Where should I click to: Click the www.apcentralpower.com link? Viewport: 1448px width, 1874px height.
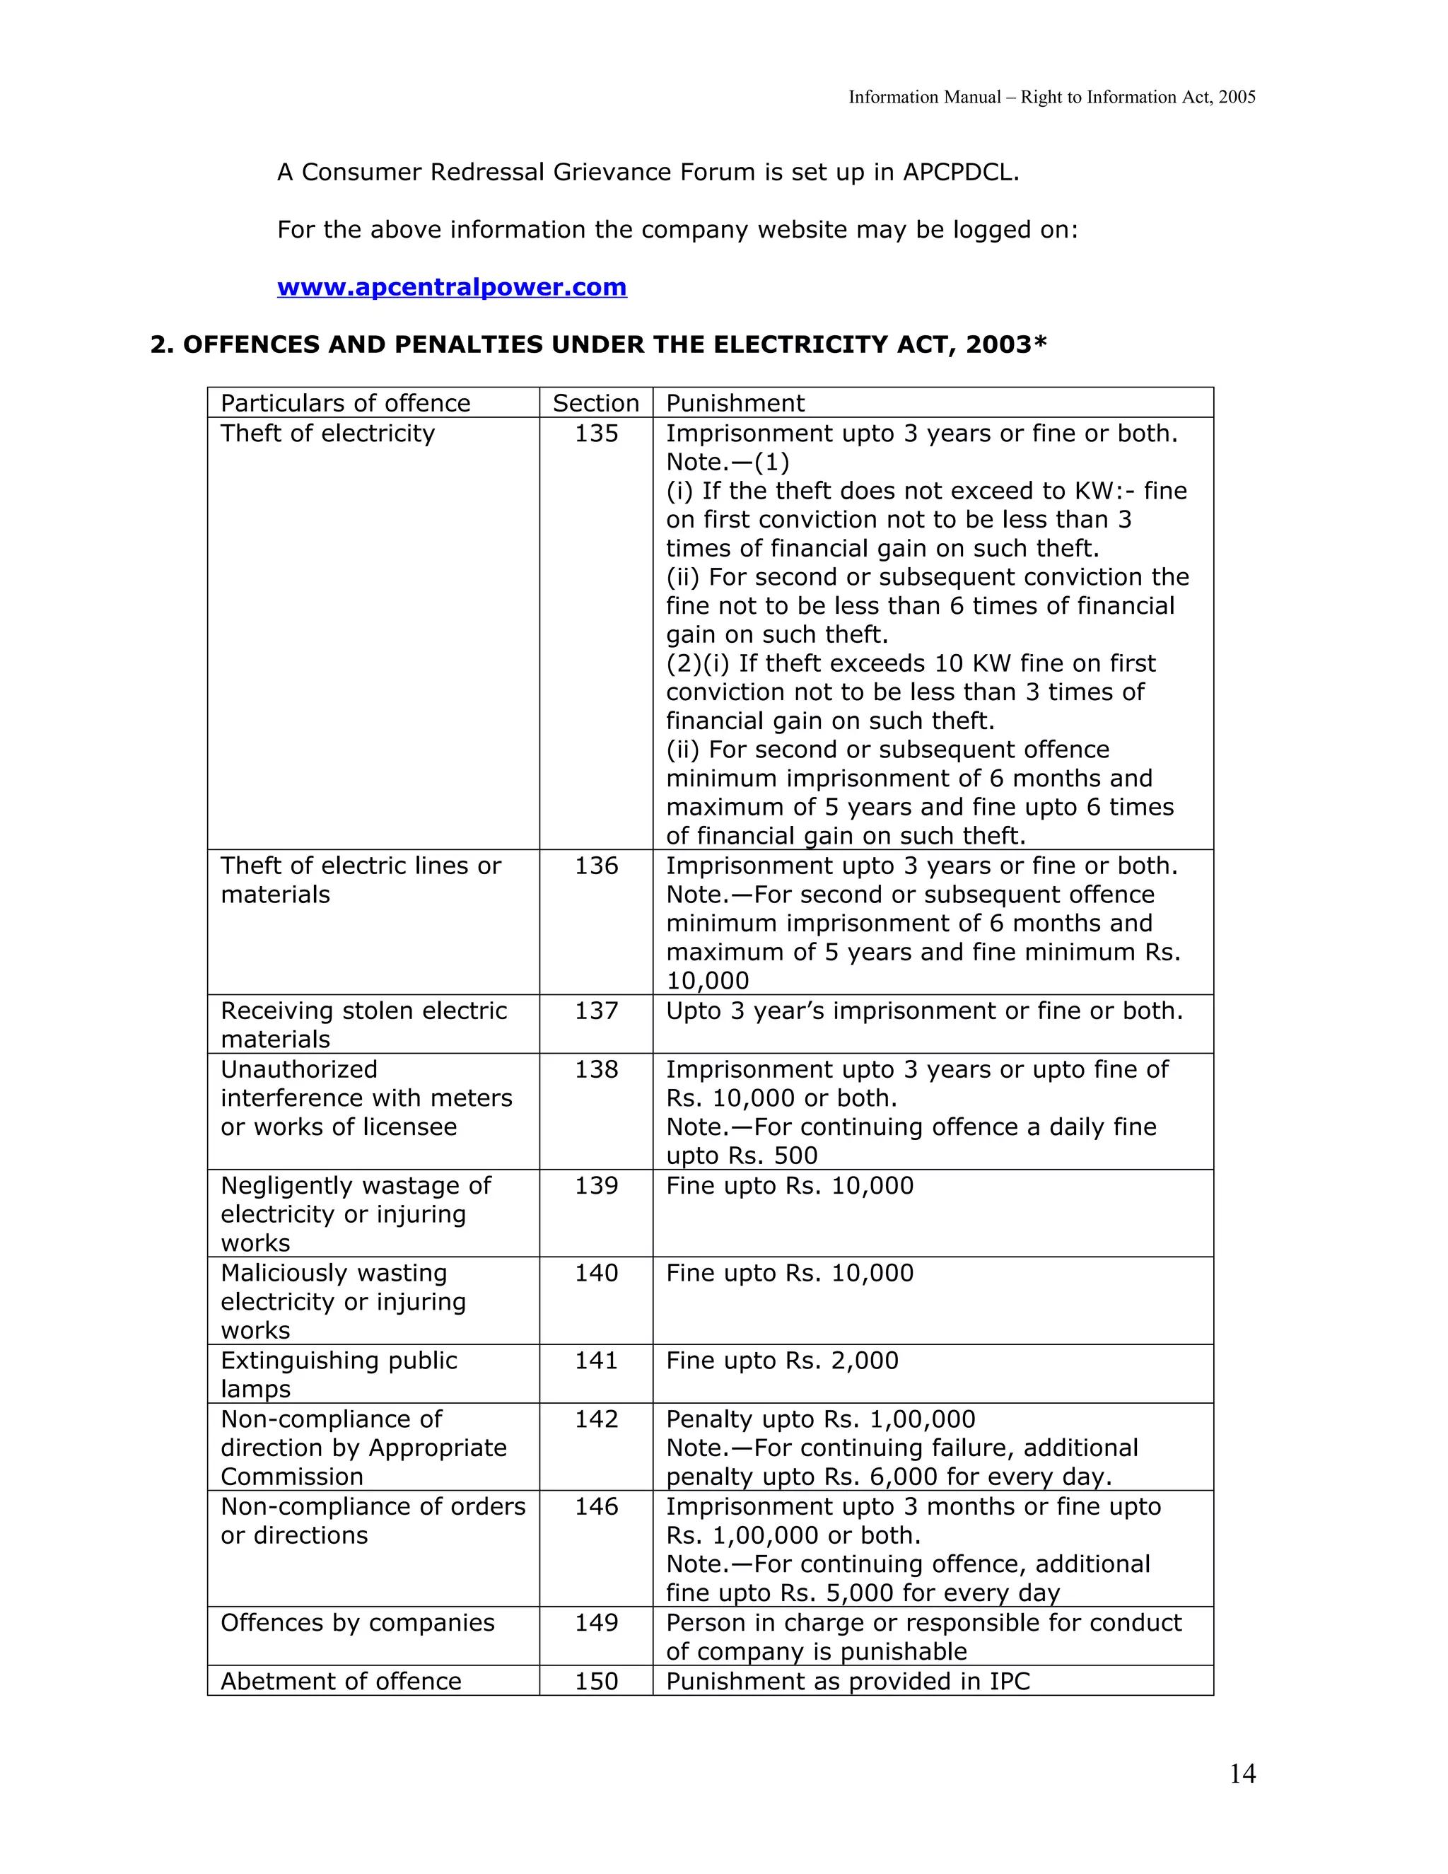(451, 286)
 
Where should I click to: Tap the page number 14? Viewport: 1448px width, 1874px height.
(1242, 1774)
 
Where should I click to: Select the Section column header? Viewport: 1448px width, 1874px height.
(595, 403)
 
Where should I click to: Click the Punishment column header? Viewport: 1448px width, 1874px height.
(735, 403)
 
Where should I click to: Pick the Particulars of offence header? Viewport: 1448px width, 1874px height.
(345, 403)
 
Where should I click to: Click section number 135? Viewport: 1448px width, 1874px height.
(596, 433)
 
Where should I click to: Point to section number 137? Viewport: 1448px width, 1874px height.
(596, 1011)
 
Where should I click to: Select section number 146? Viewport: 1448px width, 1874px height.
(596, 1507)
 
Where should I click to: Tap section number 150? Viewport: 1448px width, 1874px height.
(596, 1681)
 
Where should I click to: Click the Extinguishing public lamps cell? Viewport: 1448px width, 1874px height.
(339, 1375)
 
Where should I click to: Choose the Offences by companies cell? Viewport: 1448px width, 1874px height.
(357, 1622)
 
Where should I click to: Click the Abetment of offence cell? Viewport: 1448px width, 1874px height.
(341, 1681)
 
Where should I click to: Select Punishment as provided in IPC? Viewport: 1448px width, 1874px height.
(848, 1681)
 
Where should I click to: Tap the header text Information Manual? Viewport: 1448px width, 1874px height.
(924, 97)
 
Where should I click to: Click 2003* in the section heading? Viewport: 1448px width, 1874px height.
(1005, 345)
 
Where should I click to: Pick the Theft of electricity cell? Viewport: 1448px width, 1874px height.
(327, 433)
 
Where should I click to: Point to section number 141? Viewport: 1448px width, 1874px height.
(596, 1361)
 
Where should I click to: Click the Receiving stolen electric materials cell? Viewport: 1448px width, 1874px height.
(363, 1025)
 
